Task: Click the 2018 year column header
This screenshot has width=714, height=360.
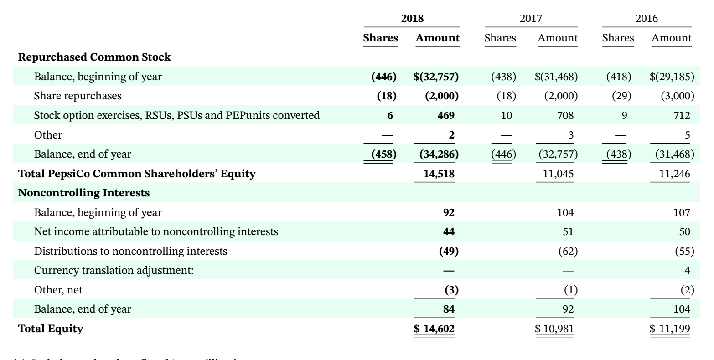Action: click(x=412, y=19)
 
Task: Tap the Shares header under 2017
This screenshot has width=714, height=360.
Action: click(x=500, y=38)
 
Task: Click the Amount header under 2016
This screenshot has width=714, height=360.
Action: click(x=671, y=38)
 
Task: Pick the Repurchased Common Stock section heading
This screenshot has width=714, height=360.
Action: click(x=94, y=57)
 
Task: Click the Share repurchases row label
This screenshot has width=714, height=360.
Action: click(x=78, y=96)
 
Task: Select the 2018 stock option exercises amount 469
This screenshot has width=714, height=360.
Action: click(x=445, y=115)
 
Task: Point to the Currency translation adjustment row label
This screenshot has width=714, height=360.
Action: click(x=114, y=270)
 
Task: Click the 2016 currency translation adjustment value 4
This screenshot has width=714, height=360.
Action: click(x=687, y=270)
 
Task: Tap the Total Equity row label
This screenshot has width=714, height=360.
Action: click(x=51, y=328)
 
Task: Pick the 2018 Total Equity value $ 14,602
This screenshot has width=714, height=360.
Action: click(x=435, y=329)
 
